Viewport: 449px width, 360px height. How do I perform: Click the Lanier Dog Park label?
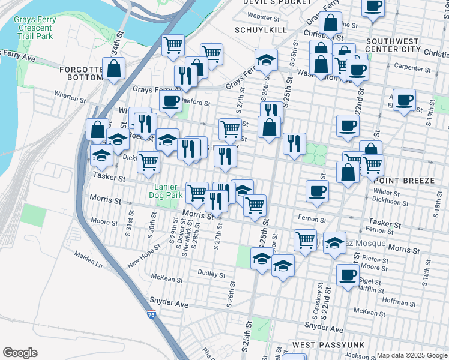[166, 191]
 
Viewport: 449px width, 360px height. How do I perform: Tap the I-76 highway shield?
[152, 313]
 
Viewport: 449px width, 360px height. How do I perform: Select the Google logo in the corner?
[20, 353]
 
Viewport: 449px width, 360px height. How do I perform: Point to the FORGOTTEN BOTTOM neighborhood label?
[83, 73]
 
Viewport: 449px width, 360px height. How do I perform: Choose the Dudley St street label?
[212, 275]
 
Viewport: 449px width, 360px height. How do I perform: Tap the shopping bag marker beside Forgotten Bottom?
[113, 69]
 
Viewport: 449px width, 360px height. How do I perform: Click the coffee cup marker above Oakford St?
[171, 102]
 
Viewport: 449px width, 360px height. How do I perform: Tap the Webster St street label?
[260, 17]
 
